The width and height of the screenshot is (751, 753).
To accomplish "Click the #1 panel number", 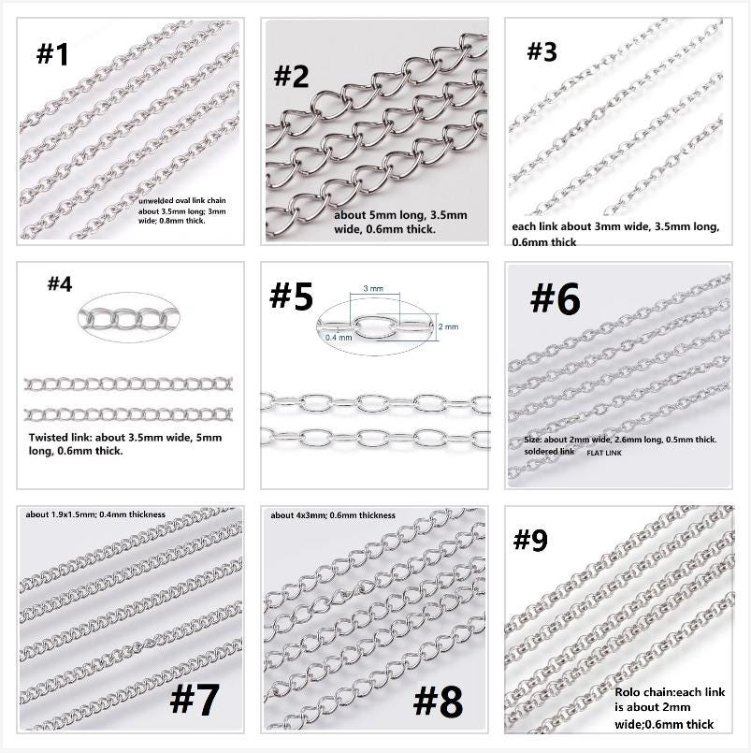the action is tap(52, 54).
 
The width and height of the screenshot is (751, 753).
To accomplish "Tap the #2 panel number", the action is tap(291, 77).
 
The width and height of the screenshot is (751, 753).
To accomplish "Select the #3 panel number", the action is tap(542, 51).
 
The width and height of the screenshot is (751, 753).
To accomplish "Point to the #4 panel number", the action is tap(60, 283).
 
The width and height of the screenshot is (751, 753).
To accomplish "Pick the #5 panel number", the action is tap(292, 296).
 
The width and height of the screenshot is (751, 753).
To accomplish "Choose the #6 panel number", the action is tap(556, 298).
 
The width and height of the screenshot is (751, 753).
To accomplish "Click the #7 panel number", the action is tap(195, 700).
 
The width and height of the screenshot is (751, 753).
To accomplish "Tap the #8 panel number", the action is tap(439, 702).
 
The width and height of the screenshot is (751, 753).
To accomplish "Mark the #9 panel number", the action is tap(530, 541).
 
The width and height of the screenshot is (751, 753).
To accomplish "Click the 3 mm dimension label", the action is tap(373, 289).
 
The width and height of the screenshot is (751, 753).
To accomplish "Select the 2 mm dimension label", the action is tap(448, 326).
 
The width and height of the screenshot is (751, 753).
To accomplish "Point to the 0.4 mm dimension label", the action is tap(339, 338).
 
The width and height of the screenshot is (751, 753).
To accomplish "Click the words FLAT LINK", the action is tap(604, 453).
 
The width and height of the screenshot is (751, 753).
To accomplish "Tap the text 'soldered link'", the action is tap(549, 452).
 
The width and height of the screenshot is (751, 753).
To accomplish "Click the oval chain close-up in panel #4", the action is tap(129, 317).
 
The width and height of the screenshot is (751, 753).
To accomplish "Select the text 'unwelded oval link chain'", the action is tap(182, 201).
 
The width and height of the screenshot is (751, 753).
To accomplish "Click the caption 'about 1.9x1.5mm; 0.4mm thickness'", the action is tap(95, 514).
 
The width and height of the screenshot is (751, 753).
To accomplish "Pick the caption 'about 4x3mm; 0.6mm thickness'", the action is tap(333, 515).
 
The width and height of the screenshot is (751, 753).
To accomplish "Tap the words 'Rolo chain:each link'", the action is tap(670, 692).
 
